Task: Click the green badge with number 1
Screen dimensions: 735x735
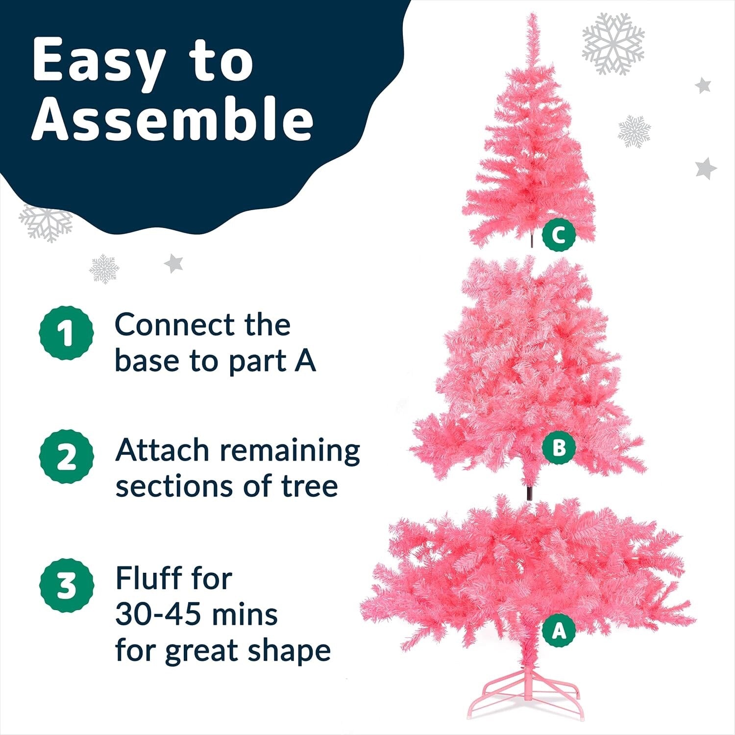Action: [66, 333]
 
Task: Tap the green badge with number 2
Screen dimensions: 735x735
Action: [66, 457]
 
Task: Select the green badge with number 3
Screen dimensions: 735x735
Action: [66, 586]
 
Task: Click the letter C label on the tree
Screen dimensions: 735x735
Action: [558, 235]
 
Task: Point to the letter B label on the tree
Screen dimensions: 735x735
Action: [558, 447]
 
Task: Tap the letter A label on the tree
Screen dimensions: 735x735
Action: [559, 631]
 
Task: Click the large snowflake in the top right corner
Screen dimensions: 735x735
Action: [613, 44]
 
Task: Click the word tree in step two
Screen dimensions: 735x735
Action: [309, 486]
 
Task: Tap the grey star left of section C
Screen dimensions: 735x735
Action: [173, 264]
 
